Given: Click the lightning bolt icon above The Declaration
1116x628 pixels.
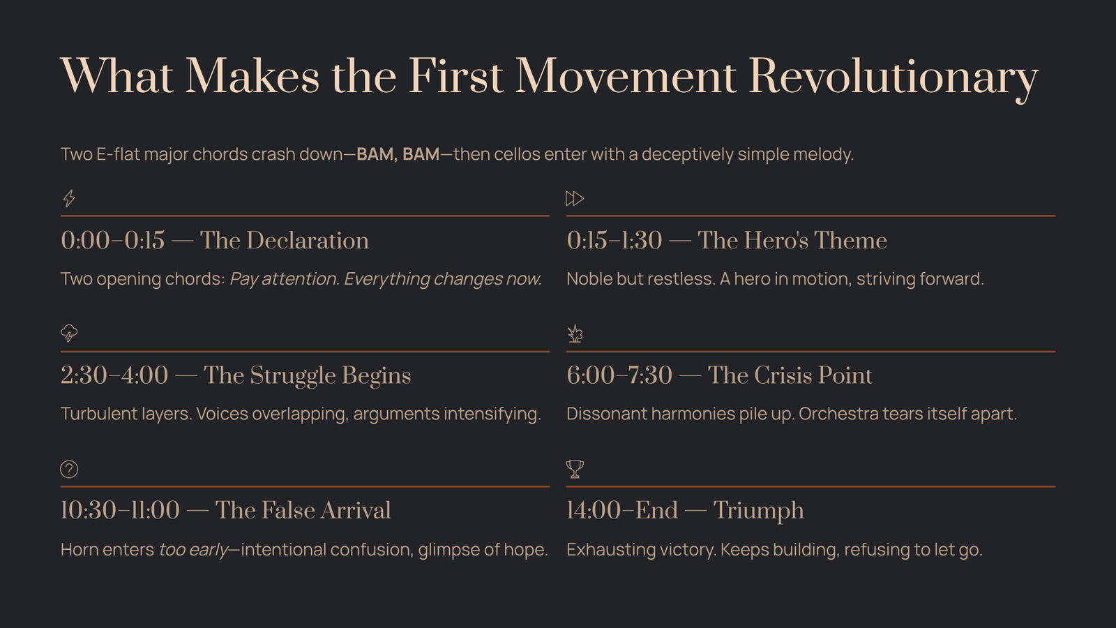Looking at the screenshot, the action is [69, 198].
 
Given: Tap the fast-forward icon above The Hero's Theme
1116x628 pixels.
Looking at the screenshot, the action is [575, 198].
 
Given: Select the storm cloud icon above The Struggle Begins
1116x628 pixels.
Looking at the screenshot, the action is [69, 334].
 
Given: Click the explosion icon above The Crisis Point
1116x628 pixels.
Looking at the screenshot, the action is [575, 334].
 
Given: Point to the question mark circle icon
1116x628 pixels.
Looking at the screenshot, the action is [69, 469].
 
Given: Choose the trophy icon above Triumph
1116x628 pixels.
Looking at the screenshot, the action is [575, 469].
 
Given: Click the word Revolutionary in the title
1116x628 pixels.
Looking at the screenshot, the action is [893, 77].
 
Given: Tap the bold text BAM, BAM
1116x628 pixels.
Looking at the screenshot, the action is [398, 154].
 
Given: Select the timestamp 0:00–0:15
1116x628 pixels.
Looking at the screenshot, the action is [112, 240].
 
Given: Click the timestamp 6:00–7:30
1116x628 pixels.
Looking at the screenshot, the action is [619, 375].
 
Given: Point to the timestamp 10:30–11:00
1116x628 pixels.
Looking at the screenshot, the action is [120, 510].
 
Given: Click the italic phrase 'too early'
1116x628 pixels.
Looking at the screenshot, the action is [193, 550].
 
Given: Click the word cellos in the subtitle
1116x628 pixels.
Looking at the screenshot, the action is [517, 154].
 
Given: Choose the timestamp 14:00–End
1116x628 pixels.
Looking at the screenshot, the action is [622, 510].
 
